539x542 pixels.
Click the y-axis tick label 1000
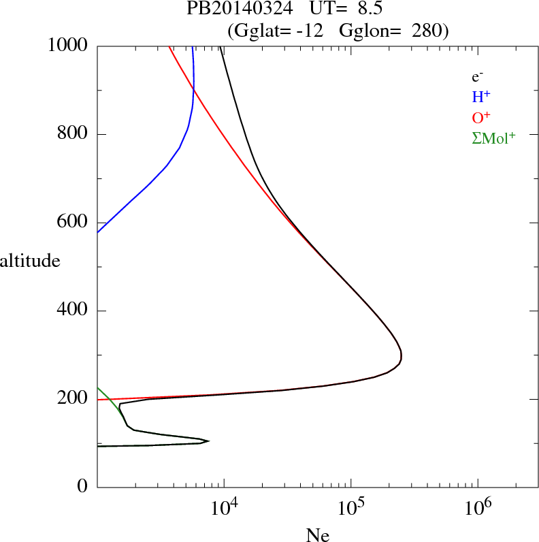pyautogui.click(x=68, y=46)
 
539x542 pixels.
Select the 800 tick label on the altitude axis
pyautogui.click(x=73, y=134)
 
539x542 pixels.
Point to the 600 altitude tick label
pyautogui.click(x=73, y=223)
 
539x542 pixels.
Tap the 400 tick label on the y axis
pyautogui.click(x=73, y=311)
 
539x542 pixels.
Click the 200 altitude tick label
pyautogui.click(x=73, y=399)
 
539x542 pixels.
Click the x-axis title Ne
pyautogui.click(x=318, y=535)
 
